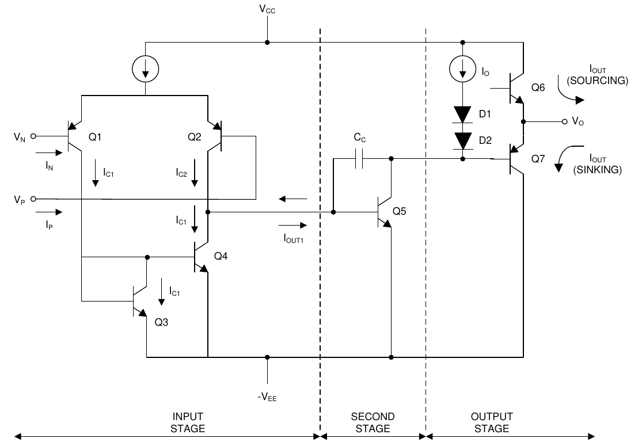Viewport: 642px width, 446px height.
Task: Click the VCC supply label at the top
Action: pos(267,10)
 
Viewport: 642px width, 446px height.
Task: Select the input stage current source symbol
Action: pos(145,70)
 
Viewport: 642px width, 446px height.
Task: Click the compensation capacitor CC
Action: pos(360,159)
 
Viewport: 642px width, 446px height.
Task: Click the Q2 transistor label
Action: pos(195,138)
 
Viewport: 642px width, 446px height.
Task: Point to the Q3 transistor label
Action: pos(162,322)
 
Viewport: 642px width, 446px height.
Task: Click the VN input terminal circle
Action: pos(33,136)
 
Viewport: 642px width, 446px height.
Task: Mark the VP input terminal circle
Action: pos(33,199)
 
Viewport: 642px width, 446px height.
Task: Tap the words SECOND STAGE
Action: pos(373,422)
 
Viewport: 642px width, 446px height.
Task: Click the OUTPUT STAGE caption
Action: pos(490,422)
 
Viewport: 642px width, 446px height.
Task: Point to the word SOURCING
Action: pos(597,81)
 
